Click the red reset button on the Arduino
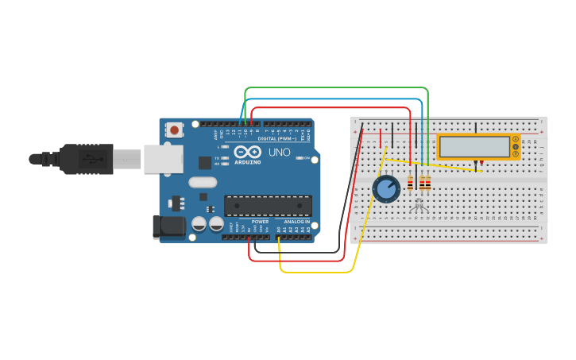[x=174, y=128]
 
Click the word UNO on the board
[x=279, y=152]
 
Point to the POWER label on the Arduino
[x=260, y=222]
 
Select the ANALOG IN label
[x=296, y=222]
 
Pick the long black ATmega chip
[x=267, y=206]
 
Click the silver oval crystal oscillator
[x=203, y=182]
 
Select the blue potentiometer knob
[x=386, y=189]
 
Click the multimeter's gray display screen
[x=474, y=146]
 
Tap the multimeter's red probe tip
[x=482, y=168]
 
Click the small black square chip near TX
[x=206, y=163]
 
